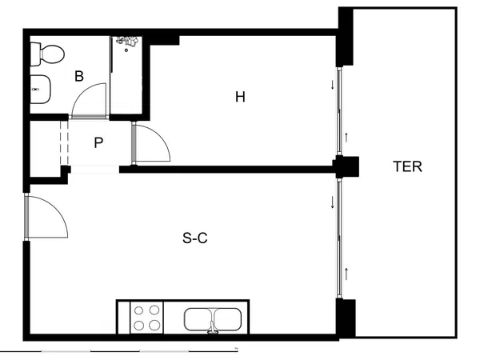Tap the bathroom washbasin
pyautogui.click(x=40, y=89)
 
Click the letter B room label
pyautogui.click(x=79, y=76)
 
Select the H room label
pyautogui.click(x=240, y=97)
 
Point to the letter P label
pyautogui.click(x=98, y=142)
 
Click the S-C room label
pyautogui.click(x=195, y=238)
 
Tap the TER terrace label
pyautogui.click(x=407, y=166)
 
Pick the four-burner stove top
pyautogui.click(x=146, y=318)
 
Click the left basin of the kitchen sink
pyautogui.click(x=198, y=319)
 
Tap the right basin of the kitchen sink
pyautogui.click(x=227, y=319)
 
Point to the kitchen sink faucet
pyautogui.click(x=213, y=328)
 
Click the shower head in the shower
pyautogui.click(x=126, y=42)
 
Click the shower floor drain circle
pyautogui.click(x=126, y=50)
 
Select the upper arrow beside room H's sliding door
pyautogui.click(x=333, y=85)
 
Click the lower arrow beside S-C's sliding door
pyautogui.click(x=346, y=274)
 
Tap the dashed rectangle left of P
pyautogui.click(x=64, y=143)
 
